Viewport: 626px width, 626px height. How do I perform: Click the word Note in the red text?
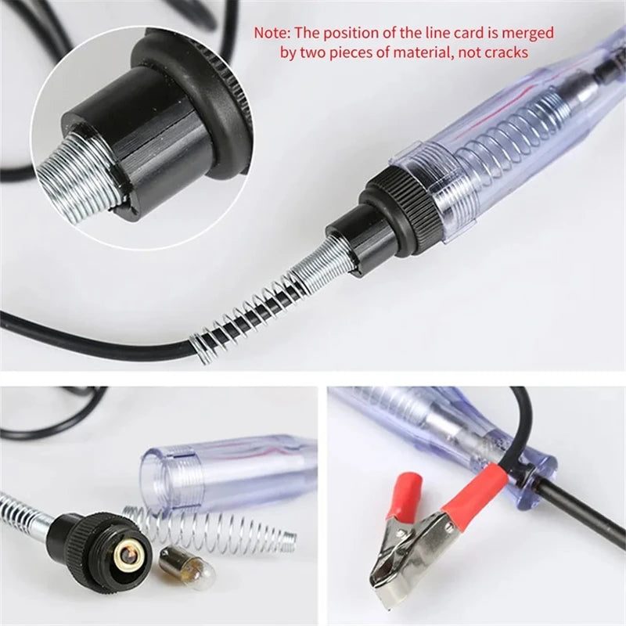click(270, 34)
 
